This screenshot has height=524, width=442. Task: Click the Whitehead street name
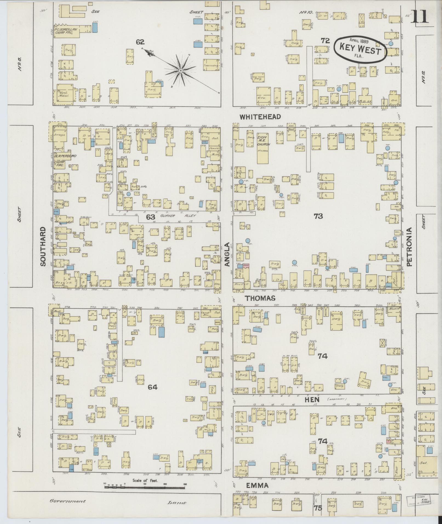coord(260,117)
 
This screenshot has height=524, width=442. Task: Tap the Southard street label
coord(43,246)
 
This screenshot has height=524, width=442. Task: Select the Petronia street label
coord(409,247)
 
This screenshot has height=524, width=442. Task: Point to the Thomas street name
coord(260,298)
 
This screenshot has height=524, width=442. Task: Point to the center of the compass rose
coord(181,71)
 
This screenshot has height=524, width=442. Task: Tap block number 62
coord(140,42)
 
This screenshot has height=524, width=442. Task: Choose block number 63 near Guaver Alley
coord(150,217)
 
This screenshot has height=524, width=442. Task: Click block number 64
coord(153,387)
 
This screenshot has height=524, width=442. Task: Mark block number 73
coord(318,216)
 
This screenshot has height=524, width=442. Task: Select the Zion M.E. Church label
coord(264,141)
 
